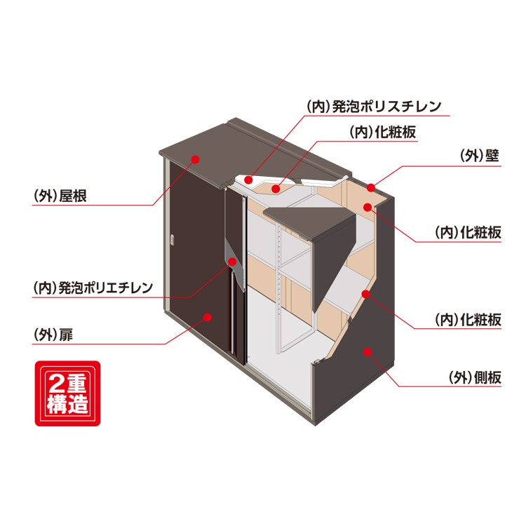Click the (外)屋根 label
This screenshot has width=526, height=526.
[x=60, y=197]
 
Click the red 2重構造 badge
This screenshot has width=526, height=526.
[x=67, y=393]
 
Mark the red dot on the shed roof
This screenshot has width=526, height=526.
[x=196, y=160]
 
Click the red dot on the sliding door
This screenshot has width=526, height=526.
[x=208, y=318]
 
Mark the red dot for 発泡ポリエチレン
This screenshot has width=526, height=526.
[x=231, y=262]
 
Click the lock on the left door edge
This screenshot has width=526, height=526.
[x=170, y=241]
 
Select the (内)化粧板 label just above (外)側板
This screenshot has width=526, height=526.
[x=468, y=320]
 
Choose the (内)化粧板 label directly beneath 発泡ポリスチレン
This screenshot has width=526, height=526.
[x=383, y=133]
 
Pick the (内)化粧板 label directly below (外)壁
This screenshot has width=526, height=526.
[x=468, y=233]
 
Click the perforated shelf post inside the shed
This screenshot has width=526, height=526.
[x=281, y=281]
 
